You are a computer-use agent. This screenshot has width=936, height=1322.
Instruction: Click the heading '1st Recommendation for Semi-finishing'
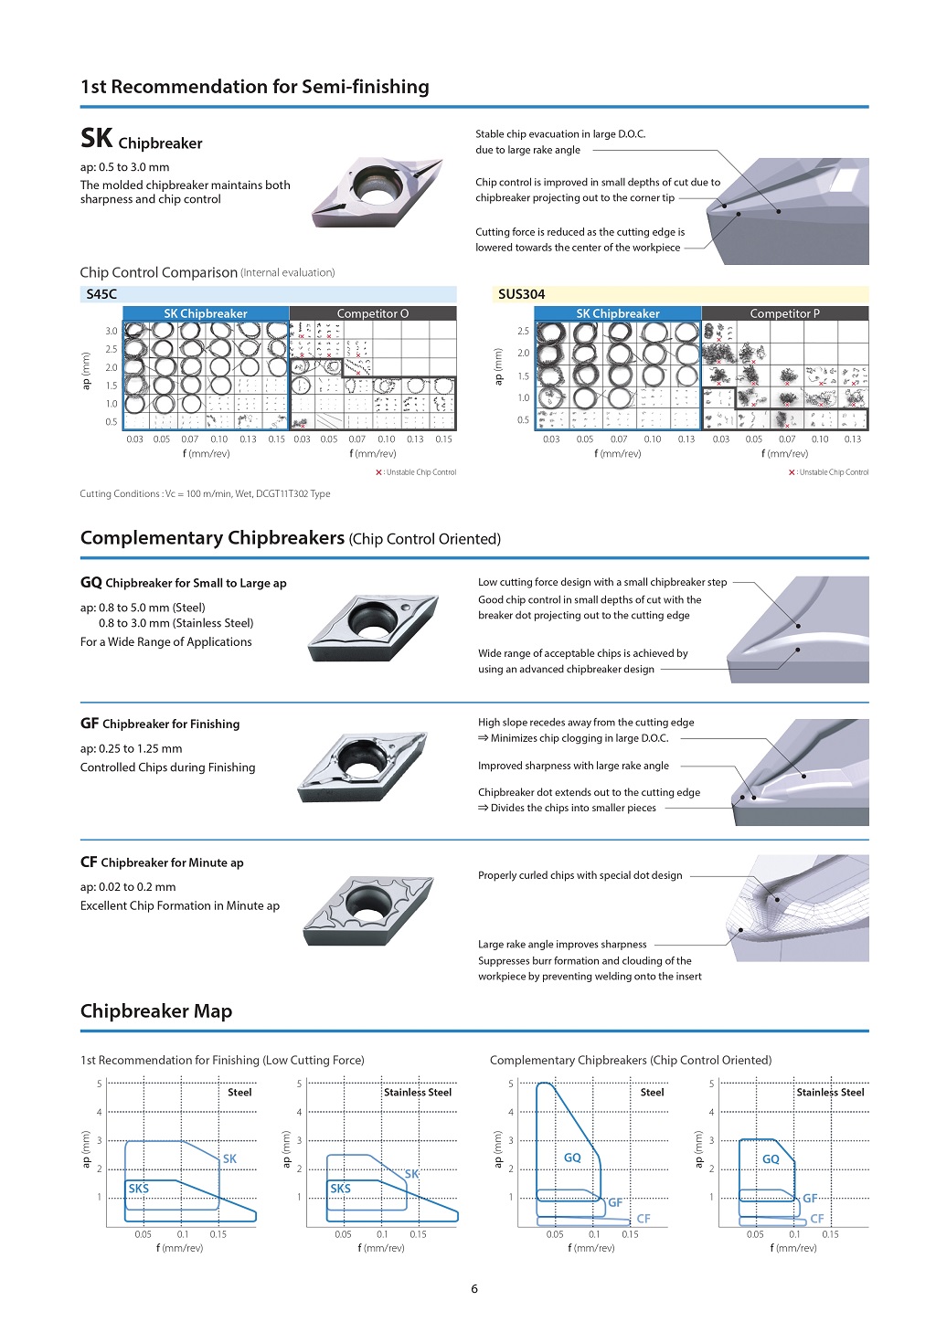[x=254, y=87]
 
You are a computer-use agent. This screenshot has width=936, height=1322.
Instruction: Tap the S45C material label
[x=101, y=294]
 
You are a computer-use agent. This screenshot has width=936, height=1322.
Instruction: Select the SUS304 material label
[x=521, y=294]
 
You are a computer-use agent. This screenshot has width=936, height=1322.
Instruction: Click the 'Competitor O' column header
[x=373, y=313]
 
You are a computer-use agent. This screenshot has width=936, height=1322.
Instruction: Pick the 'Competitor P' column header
[x=784, y=313]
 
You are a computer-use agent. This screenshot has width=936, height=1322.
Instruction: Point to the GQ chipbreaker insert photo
[x=373, y=627]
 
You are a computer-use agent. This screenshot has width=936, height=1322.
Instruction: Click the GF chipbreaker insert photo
[x=363, y=766]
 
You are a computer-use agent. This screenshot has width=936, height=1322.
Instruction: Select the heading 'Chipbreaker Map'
[x=156, y=1011]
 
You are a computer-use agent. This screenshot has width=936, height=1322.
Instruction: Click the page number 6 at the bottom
[x=474, y=1289]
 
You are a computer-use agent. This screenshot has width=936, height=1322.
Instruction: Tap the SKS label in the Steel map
[x=139, y=1189]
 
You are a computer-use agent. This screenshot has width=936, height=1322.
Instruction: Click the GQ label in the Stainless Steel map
[x=771, y=1159]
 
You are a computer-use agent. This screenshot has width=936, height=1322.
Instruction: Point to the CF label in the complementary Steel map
[x=643, y=1219]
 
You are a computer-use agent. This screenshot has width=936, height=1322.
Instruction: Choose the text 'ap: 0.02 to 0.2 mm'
[x=128, y=887]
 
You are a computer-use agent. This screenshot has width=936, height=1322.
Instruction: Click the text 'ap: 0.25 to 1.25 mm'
[x=131, y=748]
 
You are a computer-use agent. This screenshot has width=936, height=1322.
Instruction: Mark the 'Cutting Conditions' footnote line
[x=205, y=494]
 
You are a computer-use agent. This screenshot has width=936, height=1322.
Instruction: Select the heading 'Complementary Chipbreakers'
[x=212, y=538]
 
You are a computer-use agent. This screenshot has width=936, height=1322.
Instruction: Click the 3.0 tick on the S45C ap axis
[x=112, y=332]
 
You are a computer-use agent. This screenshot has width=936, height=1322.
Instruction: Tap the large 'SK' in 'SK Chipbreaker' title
[x=97, y=139]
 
